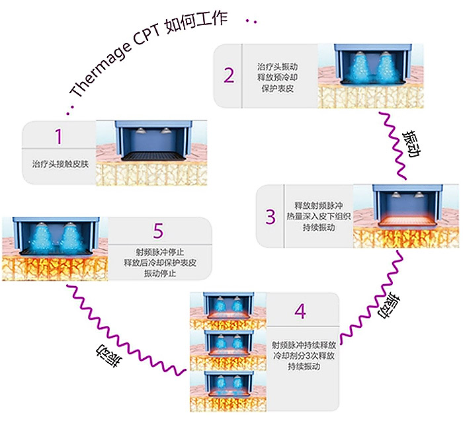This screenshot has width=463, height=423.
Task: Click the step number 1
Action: click(58, 137)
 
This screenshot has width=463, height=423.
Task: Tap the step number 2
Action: click(229, 75)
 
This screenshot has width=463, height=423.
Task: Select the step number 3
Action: click(270, 215)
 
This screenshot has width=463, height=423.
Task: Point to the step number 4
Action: click(301, 311)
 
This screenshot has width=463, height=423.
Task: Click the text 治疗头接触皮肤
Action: click(59, 163)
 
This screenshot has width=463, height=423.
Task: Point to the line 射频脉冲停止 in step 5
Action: click(159, 251)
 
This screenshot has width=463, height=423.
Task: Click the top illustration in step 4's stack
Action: click(227, 309)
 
